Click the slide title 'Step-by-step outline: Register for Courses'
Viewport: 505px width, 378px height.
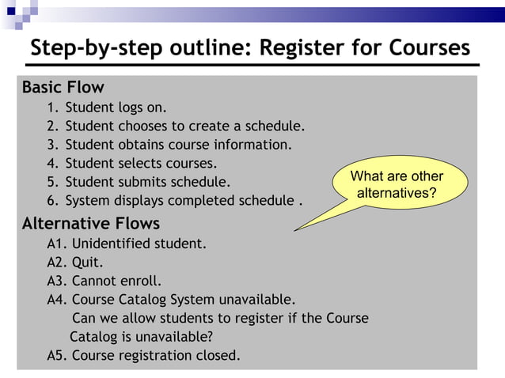click(x=250, y=47)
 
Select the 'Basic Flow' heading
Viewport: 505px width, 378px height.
click(x=63, y=87)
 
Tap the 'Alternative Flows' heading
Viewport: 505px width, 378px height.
click(x=91, y=223)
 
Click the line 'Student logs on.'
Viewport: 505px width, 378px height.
click(x=116, y=108)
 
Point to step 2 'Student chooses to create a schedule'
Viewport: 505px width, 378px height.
click(x=184, y=126)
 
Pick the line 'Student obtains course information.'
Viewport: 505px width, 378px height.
click(x=178, y=145)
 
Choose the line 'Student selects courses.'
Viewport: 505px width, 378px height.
click(x=141, y=164)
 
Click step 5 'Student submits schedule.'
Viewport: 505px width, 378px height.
click(x=148, y=182)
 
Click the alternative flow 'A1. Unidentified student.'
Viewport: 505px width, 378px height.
click(x=127, y=244)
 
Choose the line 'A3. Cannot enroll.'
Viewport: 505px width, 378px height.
click(x=104, y=281)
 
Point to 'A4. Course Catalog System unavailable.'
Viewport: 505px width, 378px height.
click(x=171, y=300)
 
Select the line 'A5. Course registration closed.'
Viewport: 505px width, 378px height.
click(x=143, y=355)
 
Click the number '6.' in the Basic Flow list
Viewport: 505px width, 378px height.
click(x=53, y=201)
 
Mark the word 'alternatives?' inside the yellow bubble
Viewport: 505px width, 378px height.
click(x=397, y=193)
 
